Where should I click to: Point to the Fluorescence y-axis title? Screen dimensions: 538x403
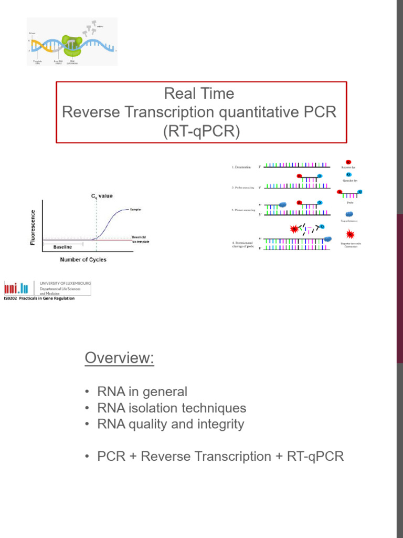click(x=33, y=227)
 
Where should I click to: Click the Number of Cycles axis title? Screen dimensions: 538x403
click(x=83, y=259)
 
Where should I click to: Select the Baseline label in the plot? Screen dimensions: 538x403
click(x=62, y=247)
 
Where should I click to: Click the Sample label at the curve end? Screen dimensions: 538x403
click(x=135, y=210)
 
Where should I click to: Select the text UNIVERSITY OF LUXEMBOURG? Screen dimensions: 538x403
click(x=66, y=283)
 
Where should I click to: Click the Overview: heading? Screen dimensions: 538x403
click(x=119, y=358)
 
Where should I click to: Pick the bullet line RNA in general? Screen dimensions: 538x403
click(x=142, y=391)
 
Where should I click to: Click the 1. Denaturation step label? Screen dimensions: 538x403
click(x=242, y=167)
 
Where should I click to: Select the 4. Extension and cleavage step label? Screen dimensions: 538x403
click(x=242, y=245)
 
